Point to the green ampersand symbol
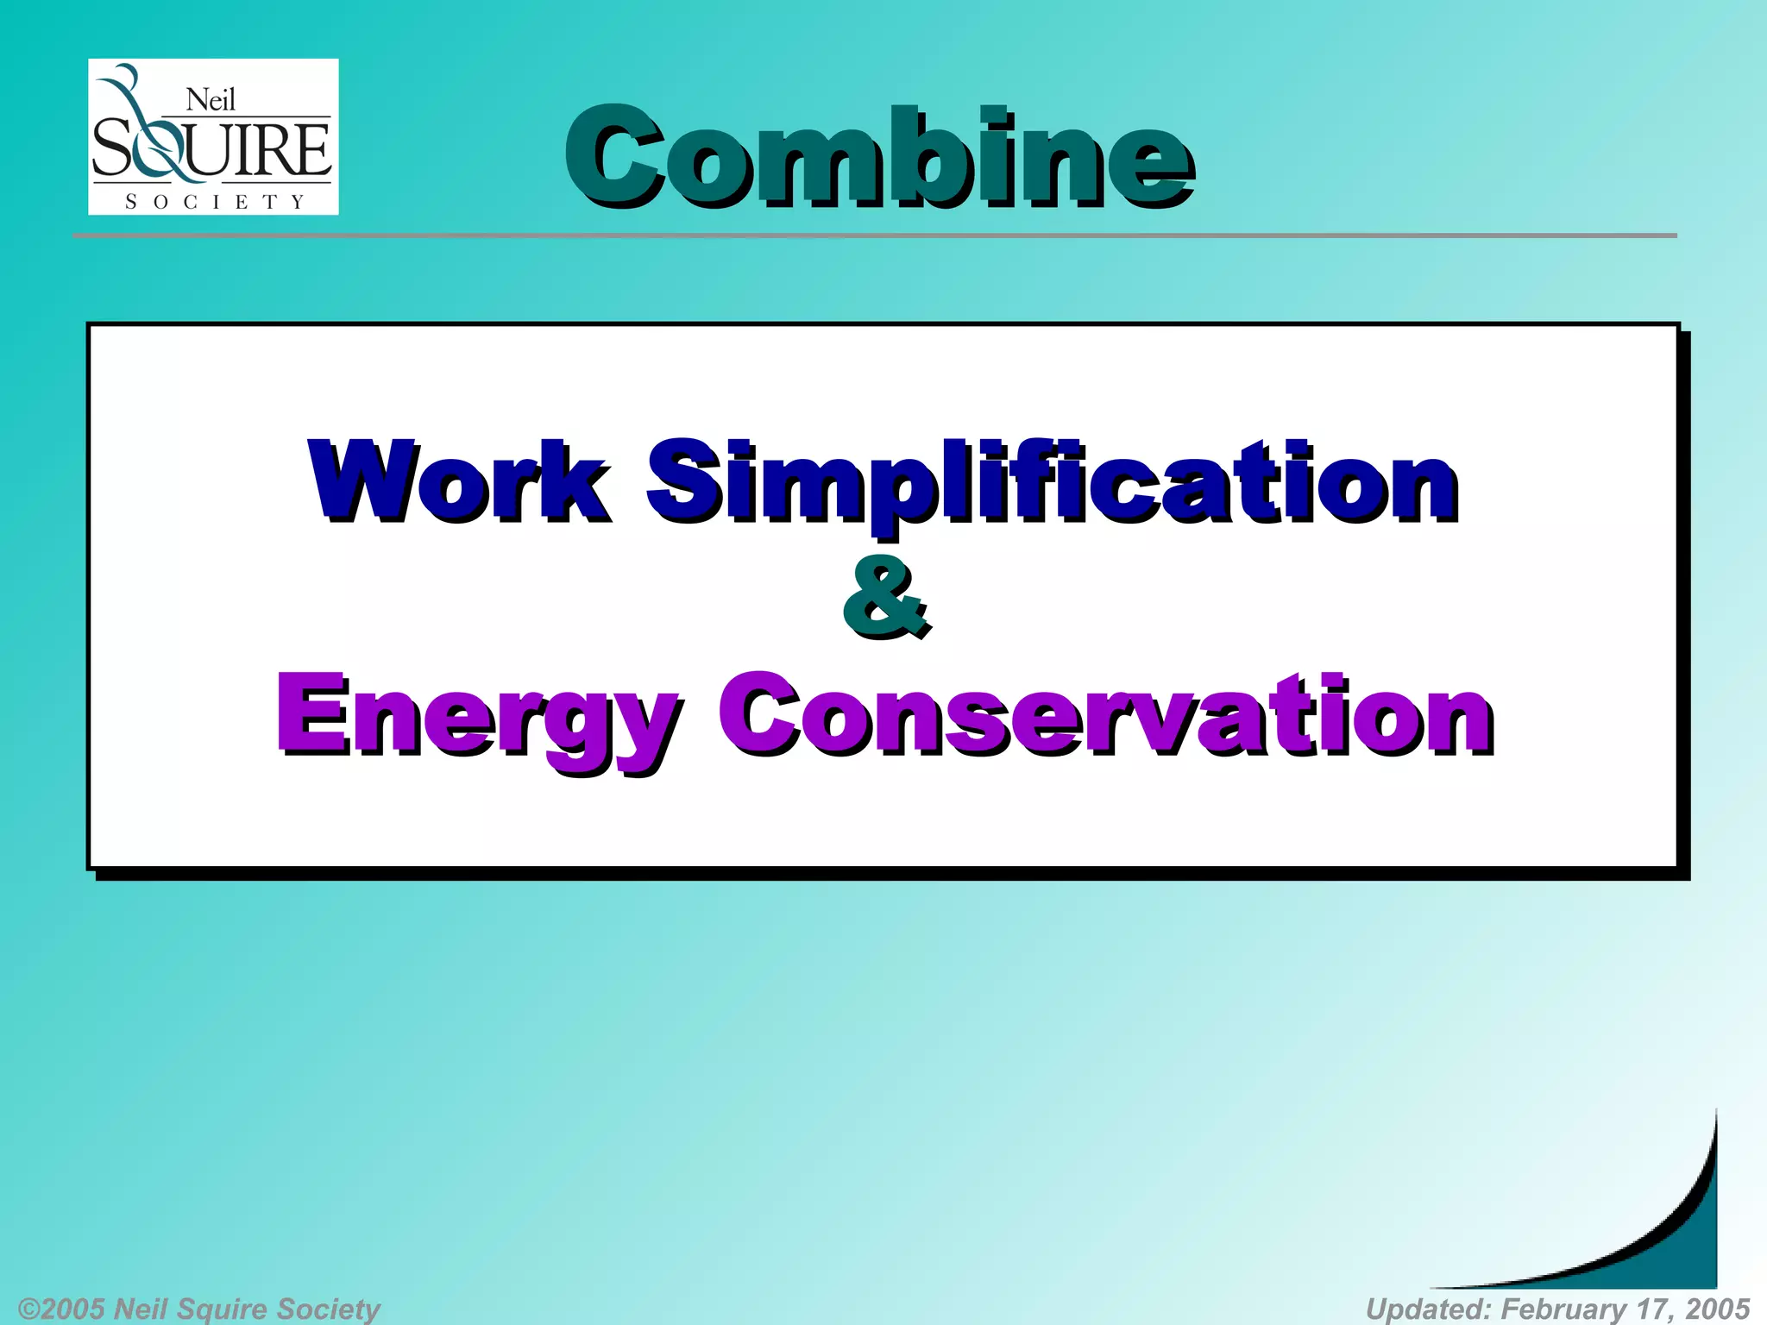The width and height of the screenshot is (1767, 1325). point(886,597)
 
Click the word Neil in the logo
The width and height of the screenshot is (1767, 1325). point(211,100)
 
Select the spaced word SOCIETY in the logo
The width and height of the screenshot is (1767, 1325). point(214,202)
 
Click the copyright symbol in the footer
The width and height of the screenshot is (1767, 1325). point(29,1309)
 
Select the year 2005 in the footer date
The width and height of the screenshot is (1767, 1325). point(1716,1309)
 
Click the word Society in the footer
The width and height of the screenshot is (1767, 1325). point(329,1309)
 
